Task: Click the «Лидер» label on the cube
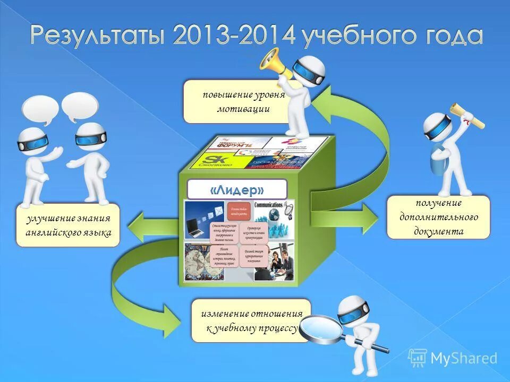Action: (x=237, y=189)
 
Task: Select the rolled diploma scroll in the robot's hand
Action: (x=468, y=115)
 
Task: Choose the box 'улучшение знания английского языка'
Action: (x=68, y=225)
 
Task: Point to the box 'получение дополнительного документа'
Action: (x=438, y=217)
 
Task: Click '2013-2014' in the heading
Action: (x=234, y=37)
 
